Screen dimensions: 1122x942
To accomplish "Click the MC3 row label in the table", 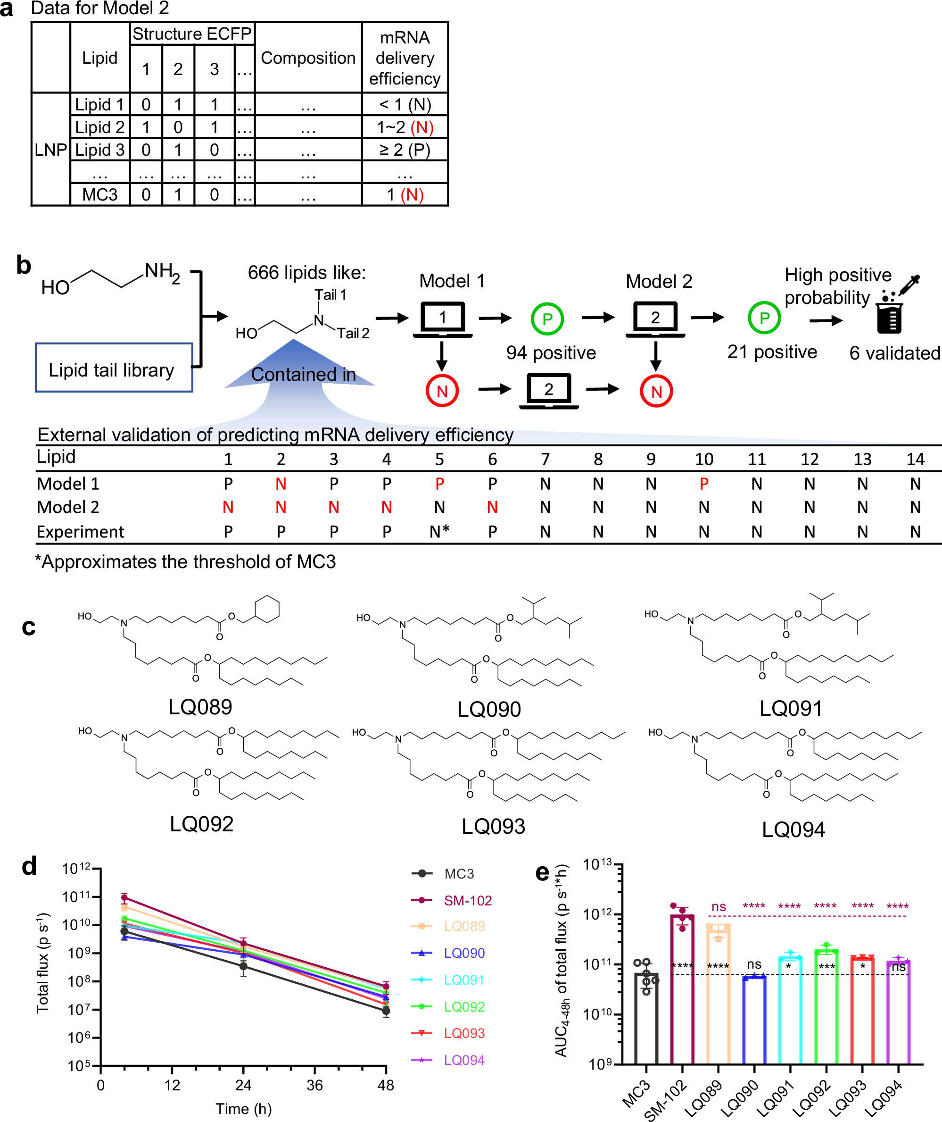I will (x=100, y=195).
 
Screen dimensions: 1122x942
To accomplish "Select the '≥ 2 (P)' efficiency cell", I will (x=405, y=150).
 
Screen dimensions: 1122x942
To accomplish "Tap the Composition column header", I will (x=308, y=58).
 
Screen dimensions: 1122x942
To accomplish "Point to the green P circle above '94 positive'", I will (x=547, y=319).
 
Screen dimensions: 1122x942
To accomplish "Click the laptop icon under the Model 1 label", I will (x=443, y=319).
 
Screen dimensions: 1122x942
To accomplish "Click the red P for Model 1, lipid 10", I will (x=704, y=484).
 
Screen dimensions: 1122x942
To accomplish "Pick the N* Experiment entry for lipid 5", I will (x=439, y=532).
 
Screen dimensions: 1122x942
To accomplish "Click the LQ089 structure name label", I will (x=200, y=707).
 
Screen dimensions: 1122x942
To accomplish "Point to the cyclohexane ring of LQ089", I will (x=267, y=609).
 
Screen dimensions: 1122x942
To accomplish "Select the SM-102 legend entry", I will (x=467, y=901).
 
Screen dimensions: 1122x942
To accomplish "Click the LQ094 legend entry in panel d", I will (x=464, y=1060).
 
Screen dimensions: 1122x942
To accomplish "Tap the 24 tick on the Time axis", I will (x=243, y=1085).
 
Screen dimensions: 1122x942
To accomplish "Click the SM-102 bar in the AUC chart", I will (x=682, y=989).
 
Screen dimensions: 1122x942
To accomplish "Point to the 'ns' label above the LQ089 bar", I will (x=719, y=907).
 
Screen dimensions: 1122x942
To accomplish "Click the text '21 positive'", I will (x=772, y=352).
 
